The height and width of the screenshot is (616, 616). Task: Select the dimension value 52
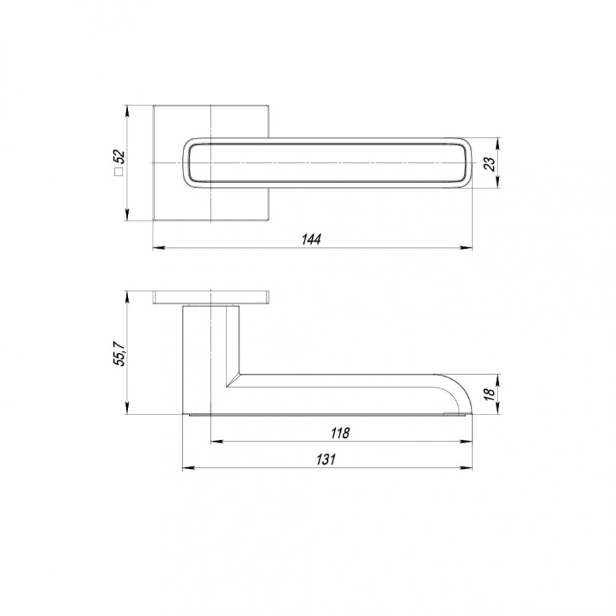click(118, 157)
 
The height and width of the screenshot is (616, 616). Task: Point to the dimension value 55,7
click(119, 352)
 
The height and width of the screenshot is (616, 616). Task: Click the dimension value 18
click(489, 394)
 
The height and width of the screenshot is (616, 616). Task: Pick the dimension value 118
click(339, 432)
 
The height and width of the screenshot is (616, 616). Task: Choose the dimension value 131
click(326, 459)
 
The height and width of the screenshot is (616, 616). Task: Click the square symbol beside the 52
click(118, 172)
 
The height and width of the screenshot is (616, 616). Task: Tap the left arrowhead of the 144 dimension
click(158, 248)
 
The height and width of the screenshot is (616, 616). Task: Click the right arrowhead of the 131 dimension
click(466, 468)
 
